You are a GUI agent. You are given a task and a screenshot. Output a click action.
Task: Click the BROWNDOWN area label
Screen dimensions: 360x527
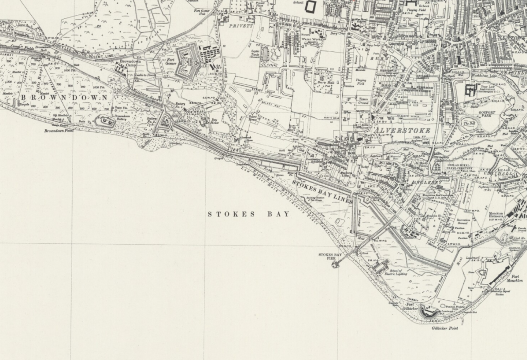coord(64,97)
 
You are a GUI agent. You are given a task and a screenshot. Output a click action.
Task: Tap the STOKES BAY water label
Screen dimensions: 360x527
coord(249,214)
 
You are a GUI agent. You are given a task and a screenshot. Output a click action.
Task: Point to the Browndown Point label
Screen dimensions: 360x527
coord(60,131)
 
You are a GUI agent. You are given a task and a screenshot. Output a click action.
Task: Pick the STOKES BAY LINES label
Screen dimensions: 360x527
coord(321,191)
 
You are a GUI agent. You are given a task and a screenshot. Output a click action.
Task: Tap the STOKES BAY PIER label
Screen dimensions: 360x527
coord(330,256)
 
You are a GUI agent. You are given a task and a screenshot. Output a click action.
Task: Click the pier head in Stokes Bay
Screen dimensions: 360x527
coord(335,264)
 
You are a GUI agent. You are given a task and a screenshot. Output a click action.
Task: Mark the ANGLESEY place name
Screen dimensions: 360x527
coord(424,182)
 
